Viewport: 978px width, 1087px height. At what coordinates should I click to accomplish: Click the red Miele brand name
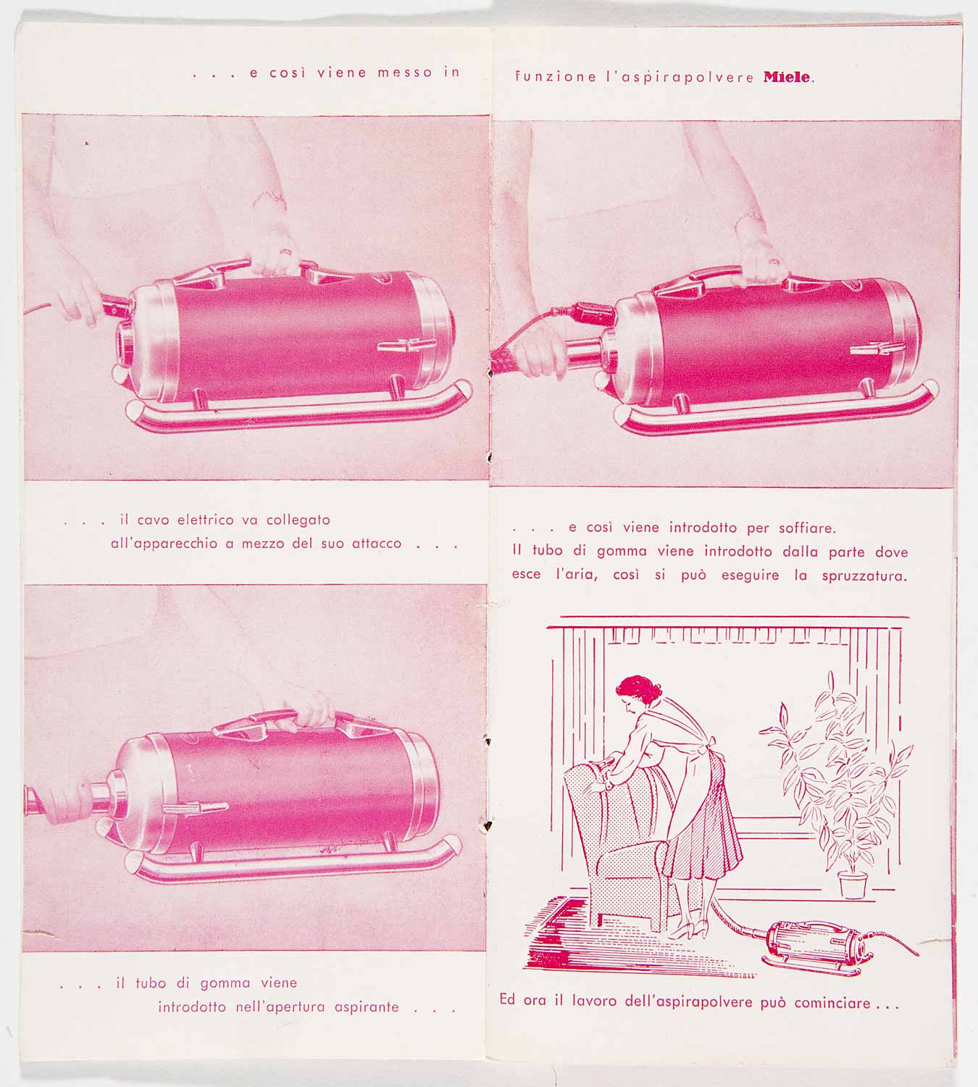tap(787, 77)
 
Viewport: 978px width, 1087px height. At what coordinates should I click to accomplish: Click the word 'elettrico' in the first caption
tap(206, 520)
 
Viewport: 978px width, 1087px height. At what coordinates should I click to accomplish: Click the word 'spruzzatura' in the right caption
tap(864, 576)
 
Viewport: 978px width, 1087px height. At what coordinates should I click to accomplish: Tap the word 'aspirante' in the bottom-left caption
tap(367, 1007)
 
